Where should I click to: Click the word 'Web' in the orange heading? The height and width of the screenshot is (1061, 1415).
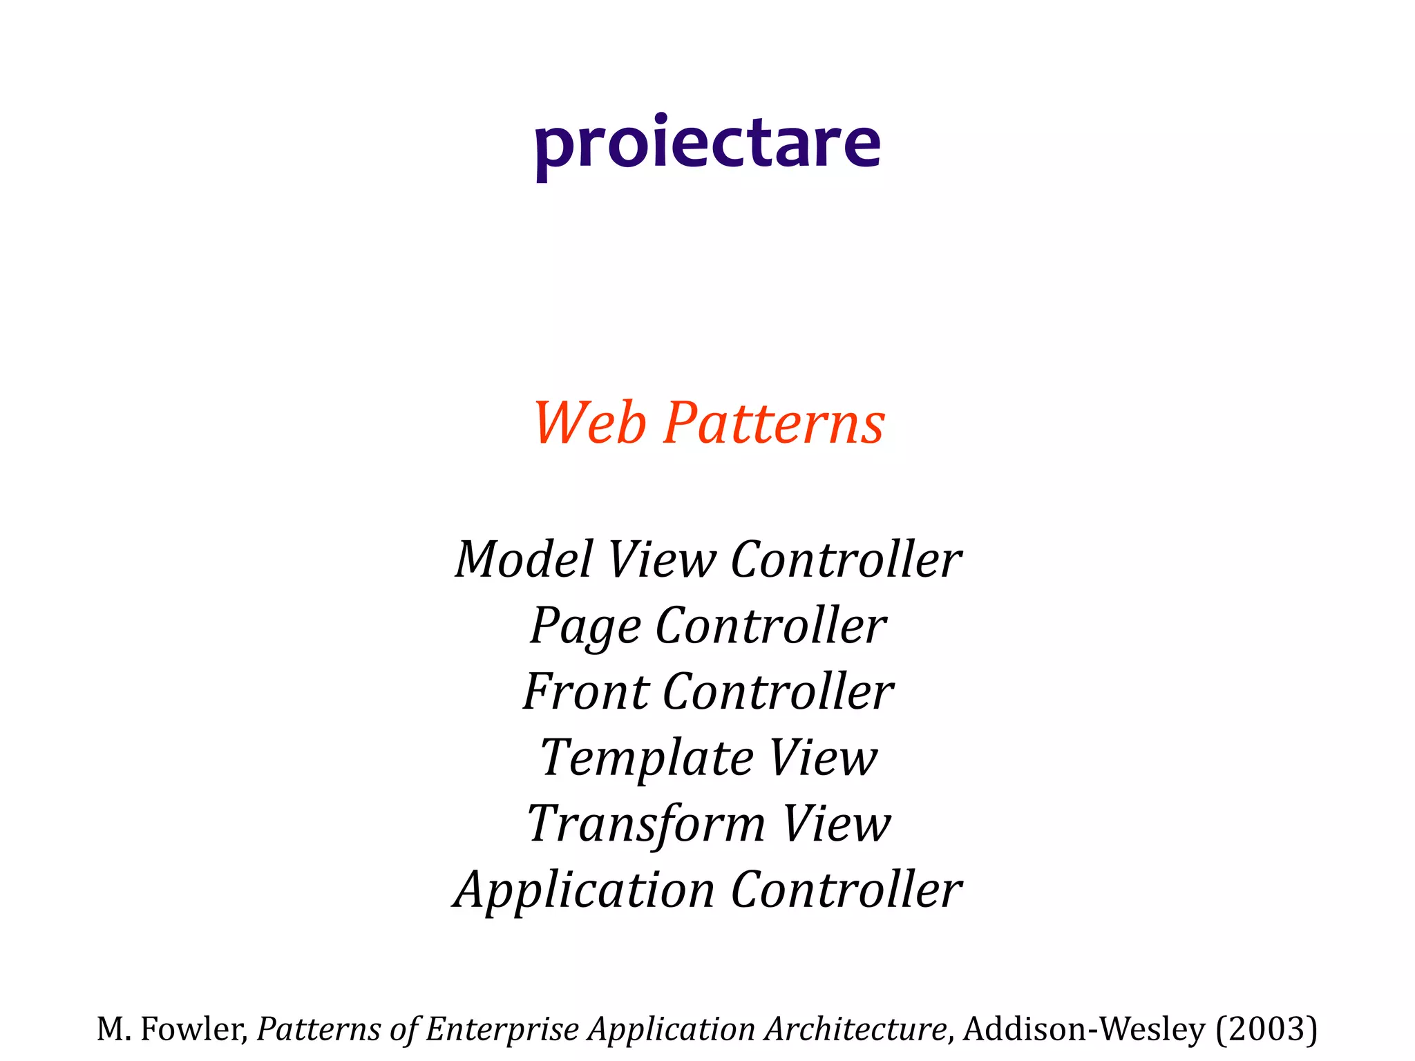click(589, 423)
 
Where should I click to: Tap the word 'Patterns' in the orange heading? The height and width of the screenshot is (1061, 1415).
click(774, 423)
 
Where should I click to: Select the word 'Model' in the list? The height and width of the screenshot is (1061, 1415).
click(524, 559)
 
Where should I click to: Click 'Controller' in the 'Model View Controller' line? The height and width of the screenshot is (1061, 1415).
click(846, 559)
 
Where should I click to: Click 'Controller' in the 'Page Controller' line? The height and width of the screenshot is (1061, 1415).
click(770, 626)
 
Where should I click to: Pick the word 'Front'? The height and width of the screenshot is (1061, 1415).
click(586, 691)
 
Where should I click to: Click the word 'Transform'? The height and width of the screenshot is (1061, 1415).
click(646, 824)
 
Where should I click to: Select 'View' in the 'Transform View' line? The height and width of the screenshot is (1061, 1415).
click(836, 824)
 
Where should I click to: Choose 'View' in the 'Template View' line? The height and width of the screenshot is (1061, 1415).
click(822, 758)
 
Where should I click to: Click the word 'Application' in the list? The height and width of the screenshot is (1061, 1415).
click(584, 890)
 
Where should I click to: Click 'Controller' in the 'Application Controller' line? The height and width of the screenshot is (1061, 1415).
click(846, 890)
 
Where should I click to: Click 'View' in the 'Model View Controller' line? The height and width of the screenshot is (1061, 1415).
click(661, 559)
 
